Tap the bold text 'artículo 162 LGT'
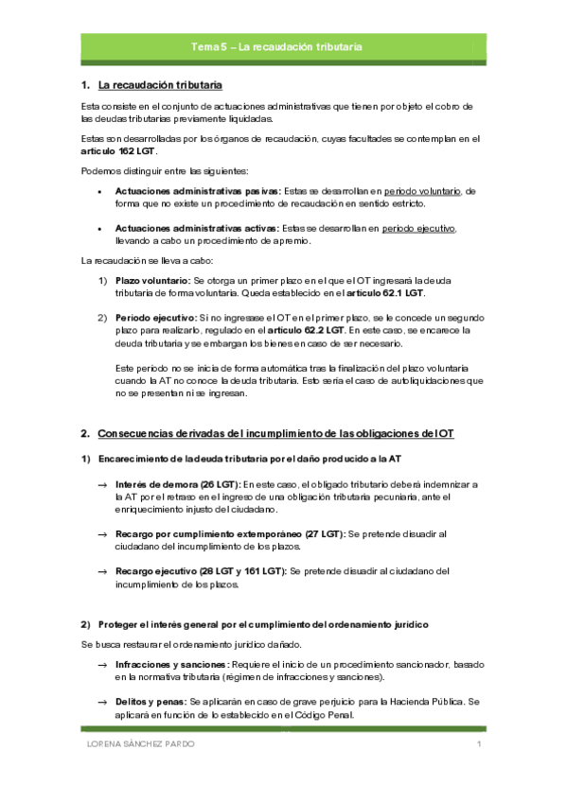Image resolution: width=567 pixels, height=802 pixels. (x=119, y=151)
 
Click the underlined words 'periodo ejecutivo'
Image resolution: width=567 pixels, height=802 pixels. (x=419, y=228)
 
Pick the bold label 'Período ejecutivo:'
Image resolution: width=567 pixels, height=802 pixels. (x=156, y=317)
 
